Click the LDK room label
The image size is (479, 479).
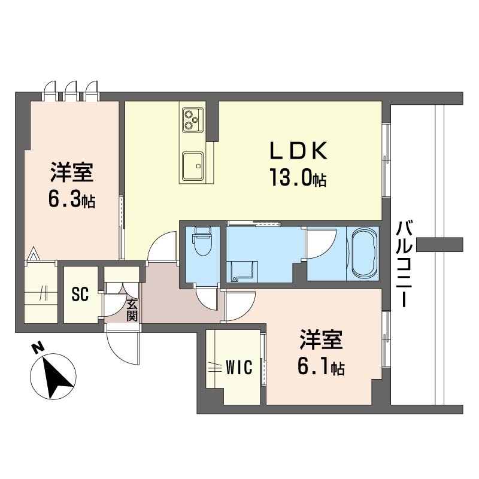pos(298,151)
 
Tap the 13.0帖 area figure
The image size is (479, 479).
pos(298,178)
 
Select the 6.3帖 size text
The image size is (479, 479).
pos(72,200)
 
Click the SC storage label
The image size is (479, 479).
pos(80,293)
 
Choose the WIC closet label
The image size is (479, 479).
pos(239,367)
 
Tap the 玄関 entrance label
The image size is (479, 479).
pos(132,310)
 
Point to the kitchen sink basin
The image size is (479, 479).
pos(193,166)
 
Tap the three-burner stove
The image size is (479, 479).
pos(193,120)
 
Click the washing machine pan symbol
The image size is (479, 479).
pos(241,271)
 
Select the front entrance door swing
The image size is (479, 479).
pos(123,346)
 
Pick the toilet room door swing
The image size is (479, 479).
pos(207,298)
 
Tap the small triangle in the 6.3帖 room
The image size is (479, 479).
pos(34,254)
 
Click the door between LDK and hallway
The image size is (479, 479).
pos(162,246)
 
